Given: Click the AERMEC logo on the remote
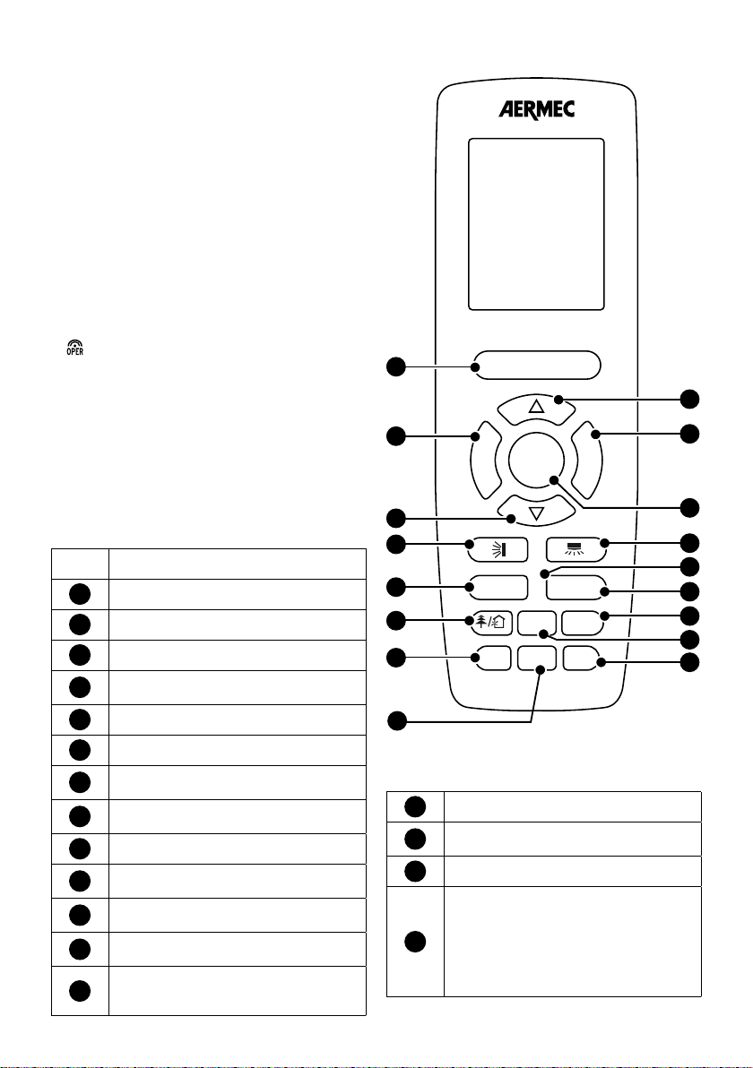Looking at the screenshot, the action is point(536,109).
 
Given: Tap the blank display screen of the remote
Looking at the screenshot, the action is point(536,224).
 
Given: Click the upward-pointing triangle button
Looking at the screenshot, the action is point(536,407).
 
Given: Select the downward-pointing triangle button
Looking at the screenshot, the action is point(536,512).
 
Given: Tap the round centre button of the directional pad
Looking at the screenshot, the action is point(536,460).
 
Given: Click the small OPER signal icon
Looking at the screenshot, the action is point(75,348).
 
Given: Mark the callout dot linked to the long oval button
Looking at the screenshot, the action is point(396,366).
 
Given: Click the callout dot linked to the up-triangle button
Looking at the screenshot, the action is point(689,399).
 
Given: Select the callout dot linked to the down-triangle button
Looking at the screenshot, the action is point(396,519).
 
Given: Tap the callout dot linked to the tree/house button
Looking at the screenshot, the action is point(396,621).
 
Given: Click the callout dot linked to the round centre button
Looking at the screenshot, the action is point(689,507).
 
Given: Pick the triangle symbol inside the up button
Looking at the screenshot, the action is point(536,408).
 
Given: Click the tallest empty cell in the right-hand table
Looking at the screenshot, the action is point(573,942).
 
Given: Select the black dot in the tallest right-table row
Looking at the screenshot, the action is point(415,942).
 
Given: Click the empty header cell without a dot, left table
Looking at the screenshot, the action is point(80,564).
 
